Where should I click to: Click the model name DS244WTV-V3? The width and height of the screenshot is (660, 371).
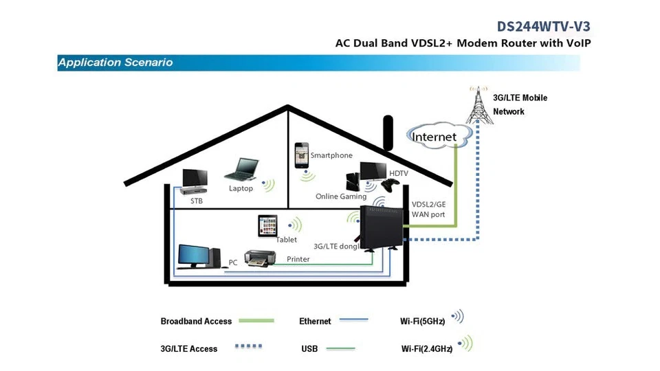tap(543, 26)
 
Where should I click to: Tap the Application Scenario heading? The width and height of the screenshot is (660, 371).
tap(115, 63)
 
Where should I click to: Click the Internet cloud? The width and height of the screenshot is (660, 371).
tap(434, 136)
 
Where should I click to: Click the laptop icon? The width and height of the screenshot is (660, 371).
tap(243, 170)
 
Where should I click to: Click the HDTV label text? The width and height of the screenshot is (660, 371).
tap(399, 174)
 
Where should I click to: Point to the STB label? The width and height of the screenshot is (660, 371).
tap(197, 201)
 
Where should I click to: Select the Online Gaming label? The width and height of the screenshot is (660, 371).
tap(341, 196)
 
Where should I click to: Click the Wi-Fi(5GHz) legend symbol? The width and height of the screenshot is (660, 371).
tap(458, 317)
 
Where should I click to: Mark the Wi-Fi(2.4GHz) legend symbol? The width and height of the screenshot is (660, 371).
tap(466, 344)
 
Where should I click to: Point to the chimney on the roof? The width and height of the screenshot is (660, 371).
tap(387, 133)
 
